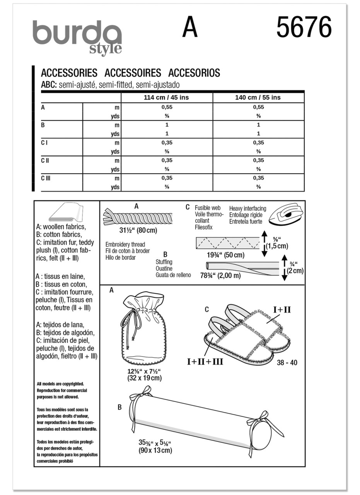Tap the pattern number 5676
tap(304, 28)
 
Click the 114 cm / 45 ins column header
tap(166, 97)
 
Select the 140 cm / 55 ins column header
tap(258, 97)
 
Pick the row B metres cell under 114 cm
tap(167, 125)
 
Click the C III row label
tap(46, 178)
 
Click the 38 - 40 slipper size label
tap(287, 363)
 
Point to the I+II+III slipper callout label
tap(205, 362)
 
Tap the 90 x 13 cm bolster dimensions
tap(155, 450)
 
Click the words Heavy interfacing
tap(247, 208)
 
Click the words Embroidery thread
tap(125, 244)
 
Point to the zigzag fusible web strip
tap(227, 243)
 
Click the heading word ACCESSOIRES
tap(132, 73)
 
